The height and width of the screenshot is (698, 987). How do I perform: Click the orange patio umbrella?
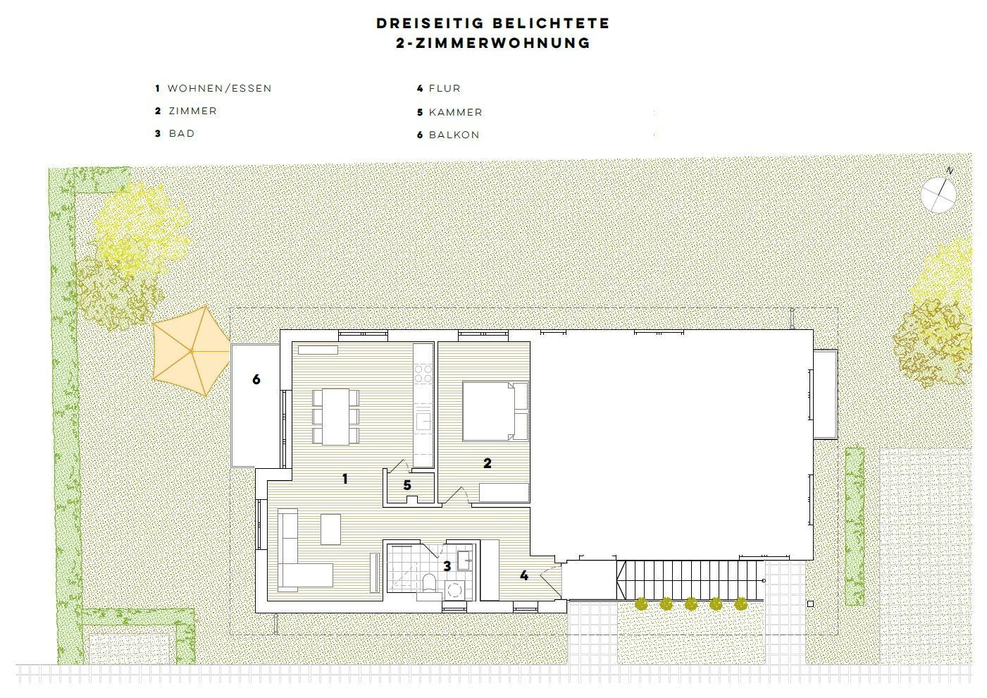pyautogui.click(x=191, y=351)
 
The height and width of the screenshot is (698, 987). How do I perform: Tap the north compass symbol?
pyautogui.click(x=938, y=194)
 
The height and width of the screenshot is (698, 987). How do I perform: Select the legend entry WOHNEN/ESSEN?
pyautogui.click(x=219, y=88)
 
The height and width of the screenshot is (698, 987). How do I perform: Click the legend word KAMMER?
pyautogui.click(x=456, y=112)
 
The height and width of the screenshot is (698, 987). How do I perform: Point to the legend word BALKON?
pyautogui.click(x=454, y=135)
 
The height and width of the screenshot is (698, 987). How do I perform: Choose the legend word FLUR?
pyautogui.click(x=445, y=88)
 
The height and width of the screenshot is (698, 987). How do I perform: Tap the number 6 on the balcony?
pyautogui.click(x=256, y=379)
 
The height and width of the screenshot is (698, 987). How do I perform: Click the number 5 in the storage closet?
pyautogui.click(x=407, y=485)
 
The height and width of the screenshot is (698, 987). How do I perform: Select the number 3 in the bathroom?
pyautogui.click(x=447, y=566)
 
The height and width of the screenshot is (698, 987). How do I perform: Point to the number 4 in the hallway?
pyautogui.click(x=524, y=575)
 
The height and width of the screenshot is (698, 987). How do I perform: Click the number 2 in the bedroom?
pyautogui.click(x=488, y=463)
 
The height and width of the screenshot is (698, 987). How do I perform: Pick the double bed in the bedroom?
pyautogui.click(x=495, y=411)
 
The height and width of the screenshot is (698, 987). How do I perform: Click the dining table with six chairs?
pyautogui.click(x=336, y=416)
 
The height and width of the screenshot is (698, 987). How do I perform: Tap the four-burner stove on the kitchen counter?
pyautogui.click(x=423, y=373)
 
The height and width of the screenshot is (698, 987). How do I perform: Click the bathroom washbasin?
pyautogui.click(x=465, y=561)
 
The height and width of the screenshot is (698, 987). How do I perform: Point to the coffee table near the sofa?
pyautogui.click(x=330, y=529)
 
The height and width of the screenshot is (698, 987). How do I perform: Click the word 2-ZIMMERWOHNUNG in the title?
pyautogui.click(x=493, y=43)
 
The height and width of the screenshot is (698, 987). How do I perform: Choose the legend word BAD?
pyautogui.click(x=182, y=133)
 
